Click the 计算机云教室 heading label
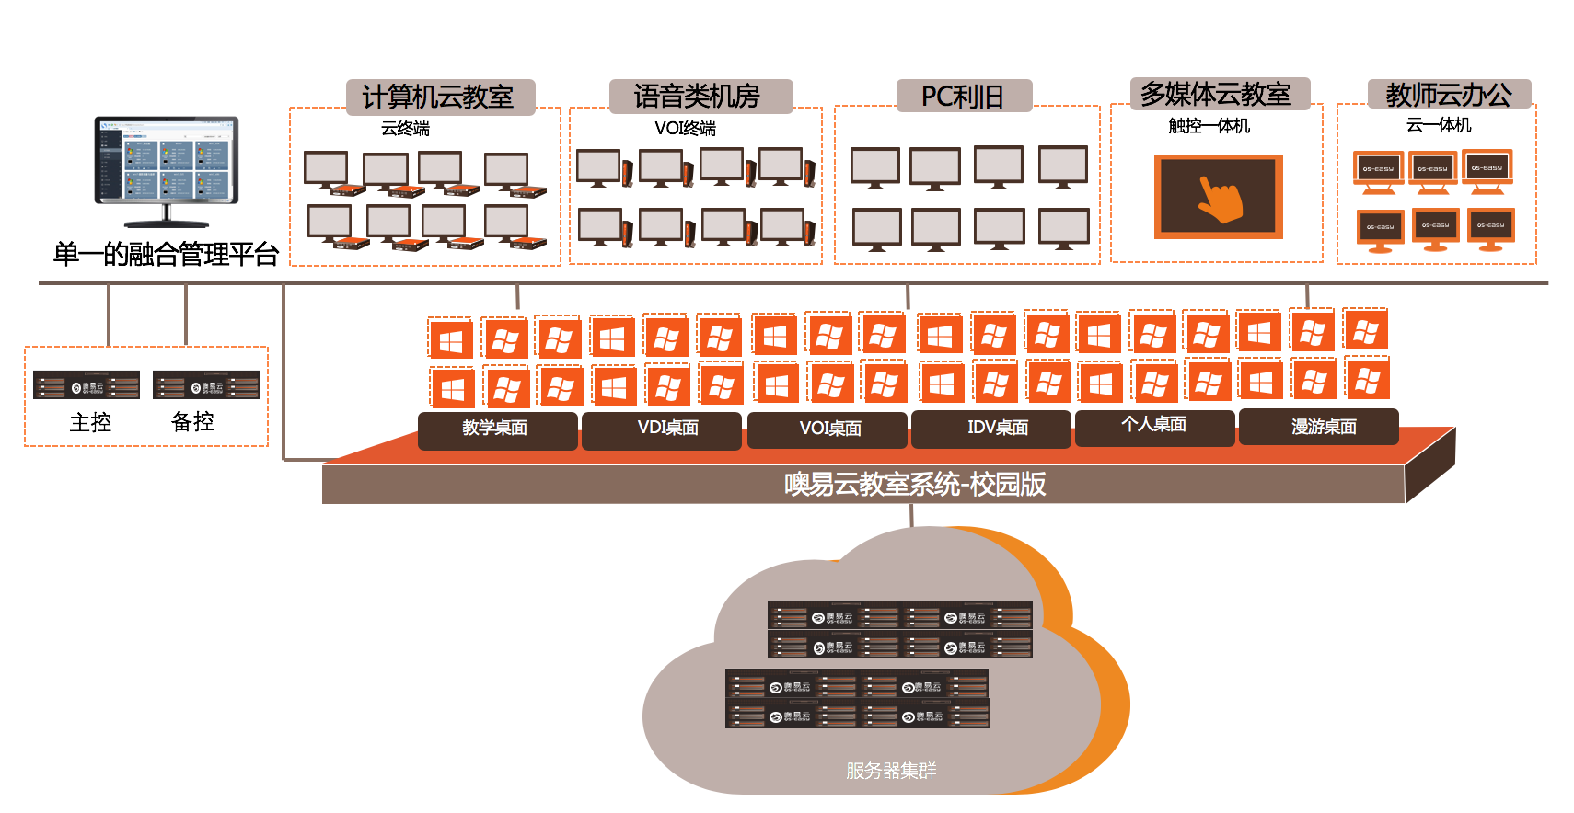point(439,97)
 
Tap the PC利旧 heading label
point(963,96)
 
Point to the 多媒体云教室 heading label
point(1217,94)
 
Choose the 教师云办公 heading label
point(1449,95)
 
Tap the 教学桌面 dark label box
point(496,429)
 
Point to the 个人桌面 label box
point(1154,426)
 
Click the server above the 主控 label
point(87,385)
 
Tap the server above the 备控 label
point(206,385)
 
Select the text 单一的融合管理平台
point(166,254)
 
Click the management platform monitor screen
point(167,159)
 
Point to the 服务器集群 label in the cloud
point(891,771)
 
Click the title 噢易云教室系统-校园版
point(914,484)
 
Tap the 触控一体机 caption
point(1209,126)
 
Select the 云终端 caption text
point(405,129)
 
